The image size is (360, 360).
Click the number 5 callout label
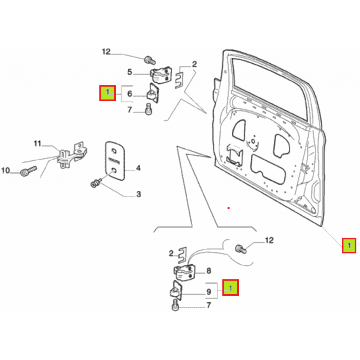(130, 72)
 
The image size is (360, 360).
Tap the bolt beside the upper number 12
(150, 60)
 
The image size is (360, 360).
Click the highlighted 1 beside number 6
(108, 93)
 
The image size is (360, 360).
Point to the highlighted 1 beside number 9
(231, 288)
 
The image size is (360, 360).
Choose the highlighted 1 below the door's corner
(349, 246)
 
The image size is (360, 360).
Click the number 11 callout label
(37, 144)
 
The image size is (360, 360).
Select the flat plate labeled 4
(115, 161)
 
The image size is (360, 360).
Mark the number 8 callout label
(209, 271)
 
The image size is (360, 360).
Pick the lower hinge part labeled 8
(184, 273)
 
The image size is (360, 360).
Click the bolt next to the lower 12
(240, 249)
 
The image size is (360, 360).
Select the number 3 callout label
(139, 194)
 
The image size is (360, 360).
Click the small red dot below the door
(229, 208)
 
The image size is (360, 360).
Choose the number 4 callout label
(138, 168)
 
